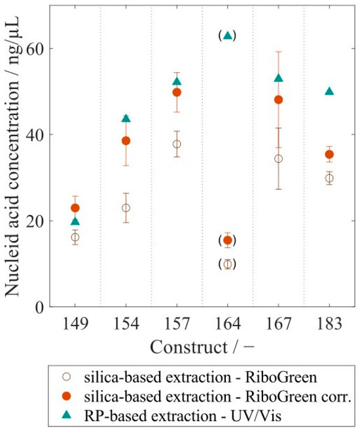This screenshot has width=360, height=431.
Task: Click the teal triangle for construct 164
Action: point(227,35)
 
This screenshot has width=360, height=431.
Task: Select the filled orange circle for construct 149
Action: point(75,208)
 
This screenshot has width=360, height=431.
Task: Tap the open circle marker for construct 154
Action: point(126,208)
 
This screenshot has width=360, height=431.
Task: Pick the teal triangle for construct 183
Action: point(329,92)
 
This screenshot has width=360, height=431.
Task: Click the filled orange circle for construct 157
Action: point(177,92)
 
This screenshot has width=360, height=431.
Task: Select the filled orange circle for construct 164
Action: point(227,240)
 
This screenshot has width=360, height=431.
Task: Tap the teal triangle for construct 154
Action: point(126,119)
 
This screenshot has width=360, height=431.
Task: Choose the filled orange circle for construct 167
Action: point(278,100)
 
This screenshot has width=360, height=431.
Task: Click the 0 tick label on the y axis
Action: point(40,307)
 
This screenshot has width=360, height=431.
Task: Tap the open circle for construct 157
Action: point(177,144)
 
